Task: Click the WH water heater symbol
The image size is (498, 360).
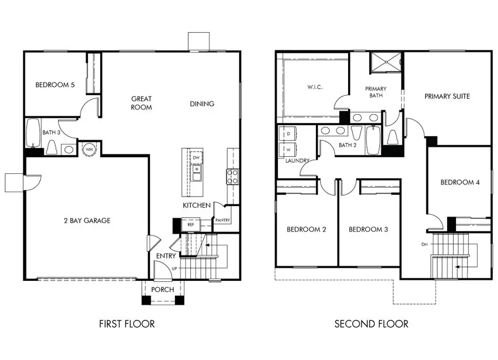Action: click(89, 149)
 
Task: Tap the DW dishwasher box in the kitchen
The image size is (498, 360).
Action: click(196, 158)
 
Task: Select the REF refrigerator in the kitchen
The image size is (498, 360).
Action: click(190, 224)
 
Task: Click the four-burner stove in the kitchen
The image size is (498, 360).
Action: click(232, 177)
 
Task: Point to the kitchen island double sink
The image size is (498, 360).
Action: click(196, 173)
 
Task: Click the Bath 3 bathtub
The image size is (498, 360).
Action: click(33, 133)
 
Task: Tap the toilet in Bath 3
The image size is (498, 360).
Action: click(51, 147)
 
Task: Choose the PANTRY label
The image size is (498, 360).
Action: click(222, 220)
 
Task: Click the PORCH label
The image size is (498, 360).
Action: click(163, 290)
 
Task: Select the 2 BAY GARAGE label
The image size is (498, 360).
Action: click(87, 220)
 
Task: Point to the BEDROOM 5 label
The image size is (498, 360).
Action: click(55, 85)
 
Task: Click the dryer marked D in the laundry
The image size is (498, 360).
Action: click(288, 134)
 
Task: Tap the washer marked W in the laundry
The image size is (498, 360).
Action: click(288, 150)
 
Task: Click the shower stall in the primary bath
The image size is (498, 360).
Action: click(385, 63)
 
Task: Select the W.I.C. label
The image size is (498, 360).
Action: click(315, 87)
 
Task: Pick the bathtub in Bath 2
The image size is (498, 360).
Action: click(373, 140)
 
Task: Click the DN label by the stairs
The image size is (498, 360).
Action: click(424, 244)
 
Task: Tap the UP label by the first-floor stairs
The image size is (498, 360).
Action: click(174, 269)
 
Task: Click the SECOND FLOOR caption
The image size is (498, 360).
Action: click(371, 324)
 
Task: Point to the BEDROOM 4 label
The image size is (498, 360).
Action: click(460, 182)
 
